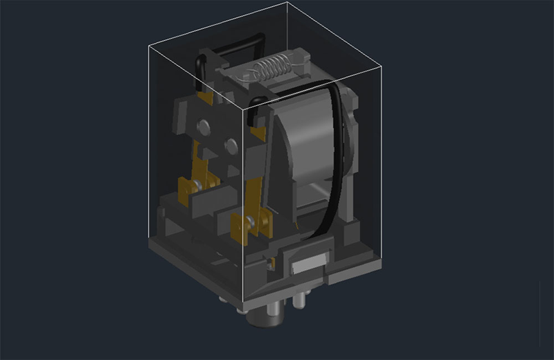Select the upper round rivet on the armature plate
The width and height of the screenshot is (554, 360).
pyautogui.click(x=204, y=126)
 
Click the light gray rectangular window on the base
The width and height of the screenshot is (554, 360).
pyautogui.click(x=309, y=264)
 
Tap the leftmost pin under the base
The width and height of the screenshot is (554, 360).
pyautogui.click(x=222, y=299)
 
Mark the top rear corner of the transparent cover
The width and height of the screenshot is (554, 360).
pyautogui.click(x=286, y=3)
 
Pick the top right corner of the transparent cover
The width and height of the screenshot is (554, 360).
pyautogui.click(x=382, y=66)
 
